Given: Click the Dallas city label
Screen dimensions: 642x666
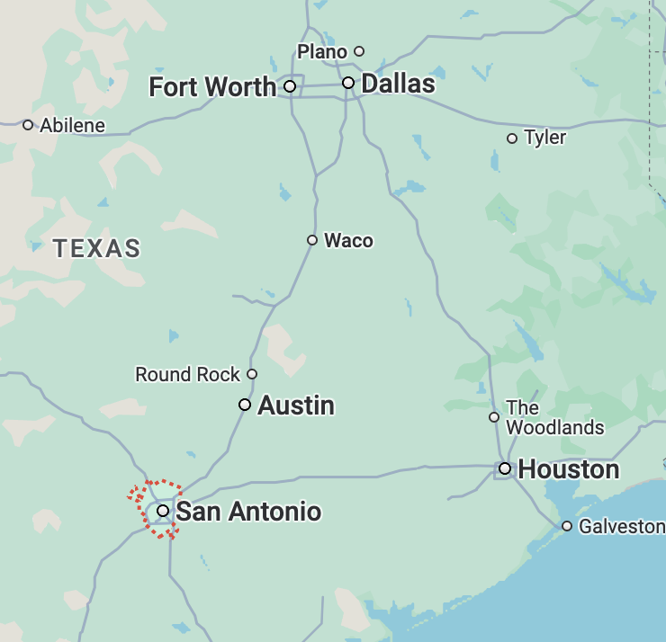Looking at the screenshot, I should point(398,85).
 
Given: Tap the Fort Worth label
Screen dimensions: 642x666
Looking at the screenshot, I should point(212,87).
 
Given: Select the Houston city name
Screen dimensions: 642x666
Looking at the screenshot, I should point(569,469).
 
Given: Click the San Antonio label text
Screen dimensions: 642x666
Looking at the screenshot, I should point(248,512).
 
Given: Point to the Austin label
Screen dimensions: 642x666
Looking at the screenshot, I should point(296,406).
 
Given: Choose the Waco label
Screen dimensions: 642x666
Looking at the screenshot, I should point(348,240).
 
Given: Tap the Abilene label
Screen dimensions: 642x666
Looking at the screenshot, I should point(72,125).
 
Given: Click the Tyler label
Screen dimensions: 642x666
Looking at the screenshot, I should point(545,138).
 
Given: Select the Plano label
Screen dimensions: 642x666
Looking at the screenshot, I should point(322,51).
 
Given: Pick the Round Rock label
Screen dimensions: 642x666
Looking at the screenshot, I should point(188,374).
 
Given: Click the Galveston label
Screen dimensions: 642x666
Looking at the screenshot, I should point(621,526).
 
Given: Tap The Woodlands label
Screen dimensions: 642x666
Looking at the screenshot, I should point(554,418).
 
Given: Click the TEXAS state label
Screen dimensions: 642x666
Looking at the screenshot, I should point(97,248).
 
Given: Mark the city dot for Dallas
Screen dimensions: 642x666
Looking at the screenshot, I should point(348,83).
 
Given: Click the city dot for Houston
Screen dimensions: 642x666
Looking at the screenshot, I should point(506,468).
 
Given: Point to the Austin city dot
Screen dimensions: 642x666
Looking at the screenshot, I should point(245,405).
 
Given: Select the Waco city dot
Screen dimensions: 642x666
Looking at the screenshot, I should point(312,240).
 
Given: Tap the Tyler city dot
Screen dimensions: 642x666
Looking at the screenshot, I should point(512,138).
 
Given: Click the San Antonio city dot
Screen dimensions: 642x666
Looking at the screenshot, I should point(163,511).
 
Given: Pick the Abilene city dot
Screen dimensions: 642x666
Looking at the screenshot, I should point(28,125).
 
